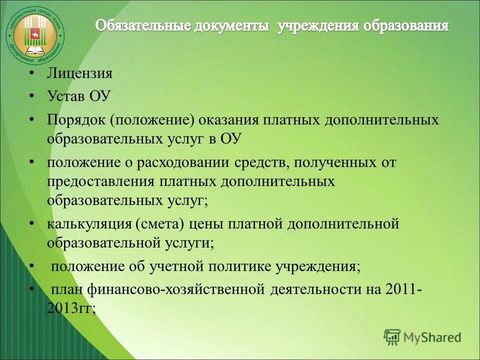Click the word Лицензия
[79, 74]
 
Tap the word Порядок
[75, 120]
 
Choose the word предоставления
[102, 180]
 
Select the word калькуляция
[88, 223]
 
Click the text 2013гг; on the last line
[71, 307]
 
